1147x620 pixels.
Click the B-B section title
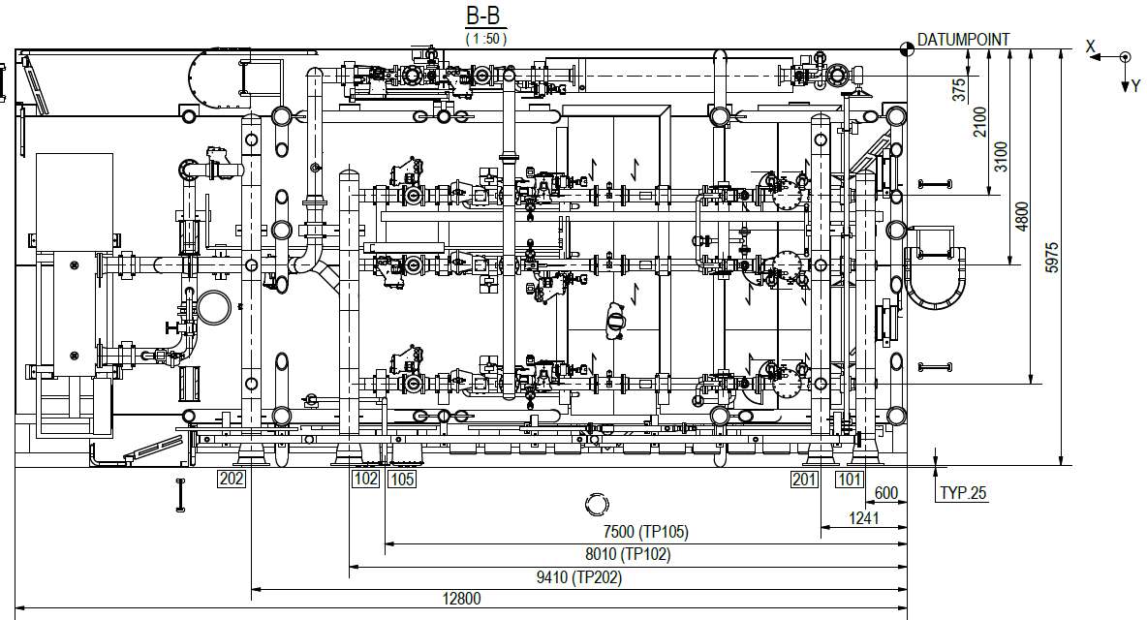click(485, 15)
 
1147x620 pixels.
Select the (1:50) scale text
click(485, 38)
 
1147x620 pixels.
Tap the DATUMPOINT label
click(963, 40)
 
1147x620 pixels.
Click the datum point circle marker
click(907, 49)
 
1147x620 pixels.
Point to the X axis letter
click(1091, 46)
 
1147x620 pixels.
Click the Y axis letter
click(1136, 86)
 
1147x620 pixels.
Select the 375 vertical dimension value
click(959, 90)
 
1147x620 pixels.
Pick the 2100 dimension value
click(980, 121)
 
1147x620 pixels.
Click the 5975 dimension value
click(1052, 258)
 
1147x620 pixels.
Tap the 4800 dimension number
click(1023, 216)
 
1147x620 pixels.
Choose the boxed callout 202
click(232, 480)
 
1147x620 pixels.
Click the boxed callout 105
click(401, 480)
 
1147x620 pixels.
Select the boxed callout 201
click(805, 480)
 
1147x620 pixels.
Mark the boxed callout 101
click(850, 480)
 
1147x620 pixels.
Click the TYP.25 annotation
click(963, 493)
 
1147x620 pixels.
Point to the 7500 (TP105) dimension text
click(646, 532)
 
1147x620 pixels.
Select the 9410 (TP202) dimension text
click(579, 577)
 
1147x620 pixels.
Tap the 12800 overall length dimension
click(461, 599)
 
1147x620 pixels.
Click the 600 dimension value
click(885, 493)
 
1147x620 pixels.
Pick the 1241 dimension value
click(864, 517)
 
